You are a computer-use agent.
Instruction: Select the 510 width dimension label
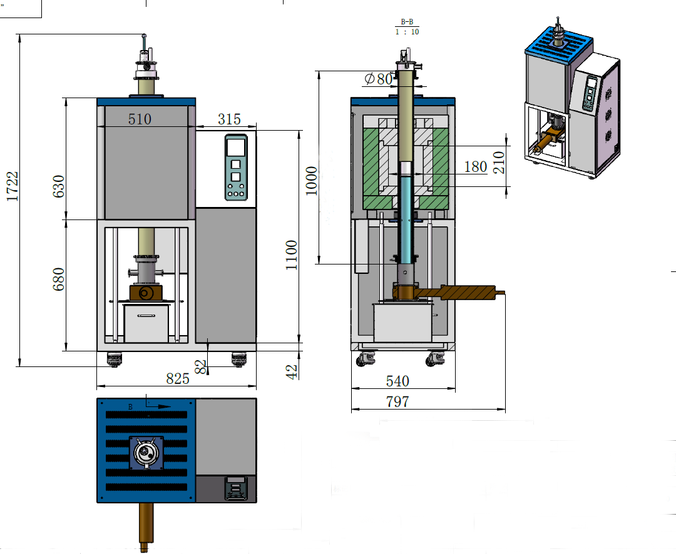coord(140,119)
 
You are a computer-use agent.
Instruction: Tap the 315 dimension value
coord(228,119)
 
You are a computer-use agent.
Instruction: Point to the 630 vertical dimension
coord(58,186)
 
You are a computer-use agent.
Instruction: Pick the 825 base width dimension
coord(178,378)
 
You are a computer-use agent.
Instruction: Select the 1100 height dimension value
coord(292,255)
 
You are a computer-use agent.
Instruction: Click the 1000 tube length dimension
coord(311,181)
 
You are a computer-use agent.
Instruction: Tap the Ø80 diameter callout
coord(378,79)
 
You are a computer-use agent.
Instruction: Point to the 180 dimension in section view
coord(476,166)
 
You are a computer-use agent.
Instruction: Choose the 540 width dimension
coord(397,381)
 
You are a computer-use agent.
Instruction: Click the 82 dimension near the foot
coord(201,366)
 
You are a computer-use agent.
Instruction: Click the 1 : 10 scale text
coord(407,32)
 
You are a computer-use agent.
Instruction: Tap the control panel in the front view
coord(236,168)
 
